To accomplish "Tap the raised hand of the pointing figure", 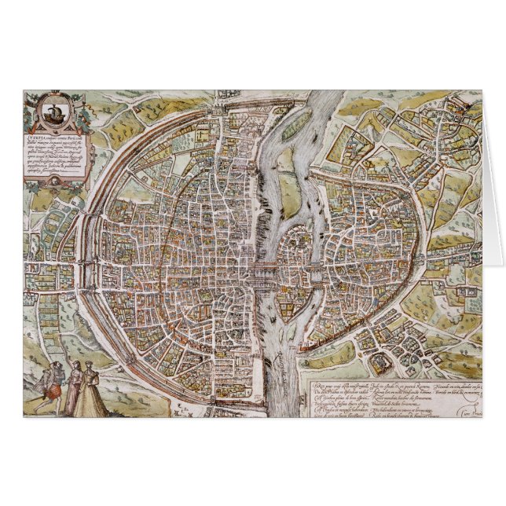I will pos(80,363).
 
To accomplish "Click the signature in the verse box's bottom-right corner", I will pos(469,409).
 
